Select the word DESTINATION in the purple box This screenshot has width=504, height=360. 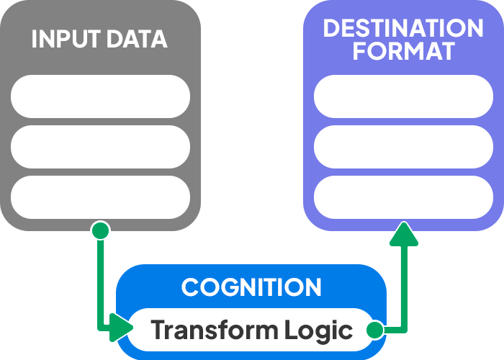pos(403,28)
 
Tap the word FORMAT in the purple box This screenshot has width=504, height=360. pos(403,51)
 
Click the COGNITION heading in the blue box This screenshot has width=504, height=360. pos(251,287)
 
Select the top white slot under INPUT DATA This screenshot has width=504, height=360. pos(100,96)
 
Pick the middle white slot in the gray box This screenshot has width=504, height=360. pos(100,147)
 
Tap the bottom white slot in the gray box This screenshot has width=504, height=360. pos(100,197)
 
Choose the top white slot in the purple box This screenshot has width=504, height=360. pos(403,96)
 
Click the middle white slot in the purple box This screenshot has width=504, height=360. pos(403,147)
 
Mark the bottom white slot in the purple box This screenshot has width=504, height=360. pos(403,197)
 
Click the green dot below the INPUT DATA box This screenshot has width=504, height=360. pos(100,230)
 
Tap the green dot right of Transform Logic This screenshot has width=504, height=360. pos(374,330)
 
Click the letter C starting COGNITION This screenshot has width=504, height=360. pos(191,287)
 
